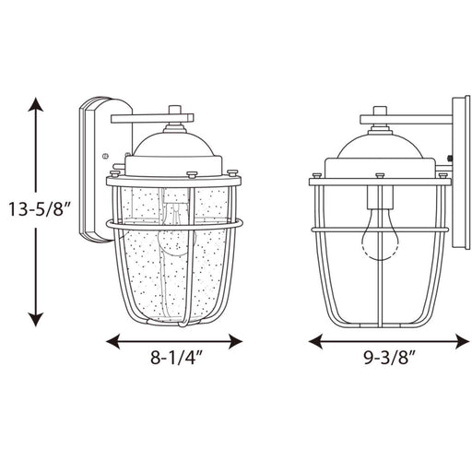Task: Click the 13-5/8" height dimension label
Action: pos(40,209)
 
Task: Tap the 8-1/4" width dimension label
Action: pos(176,357)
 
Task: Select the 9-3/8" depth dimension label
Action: pos(389,357)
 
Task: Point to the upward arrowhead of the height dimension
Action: pos(36,105)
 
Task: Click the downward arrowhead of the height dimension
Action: pos(36,319)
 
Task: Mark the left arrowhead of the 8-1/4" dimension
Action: pos(113,341)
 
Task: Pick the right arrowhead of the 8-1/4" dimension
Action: pos(235,341)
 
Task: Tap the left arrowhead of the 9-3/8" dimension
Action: pos(316,341)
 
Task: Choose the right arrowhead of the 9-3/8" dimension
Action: pos(462,341)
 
